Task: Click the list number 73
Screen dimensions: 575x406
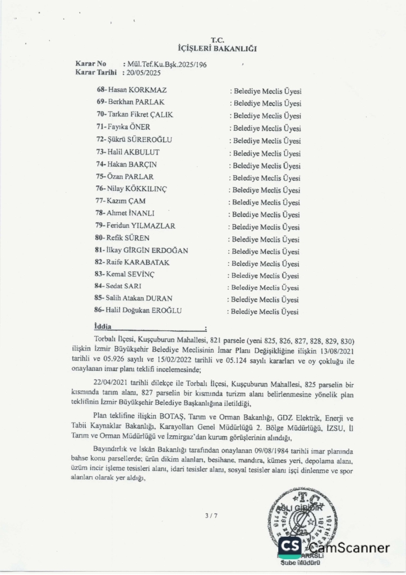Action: point(101,152)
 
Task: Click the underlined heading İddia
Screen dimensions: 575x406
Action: point(104,326)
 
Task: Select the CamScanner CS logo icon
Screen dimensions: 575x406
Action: point(292,546)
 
